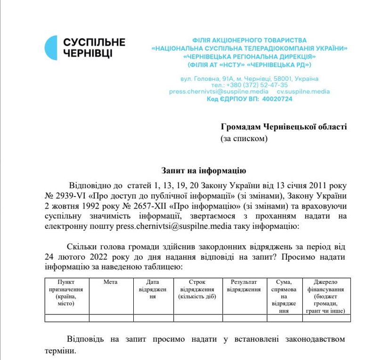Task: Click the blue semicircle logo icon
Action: coord(51,48)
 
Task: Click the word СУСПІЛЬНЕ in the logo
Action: coord(94,42)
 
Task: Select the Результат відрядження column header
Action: coord(244,286)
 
